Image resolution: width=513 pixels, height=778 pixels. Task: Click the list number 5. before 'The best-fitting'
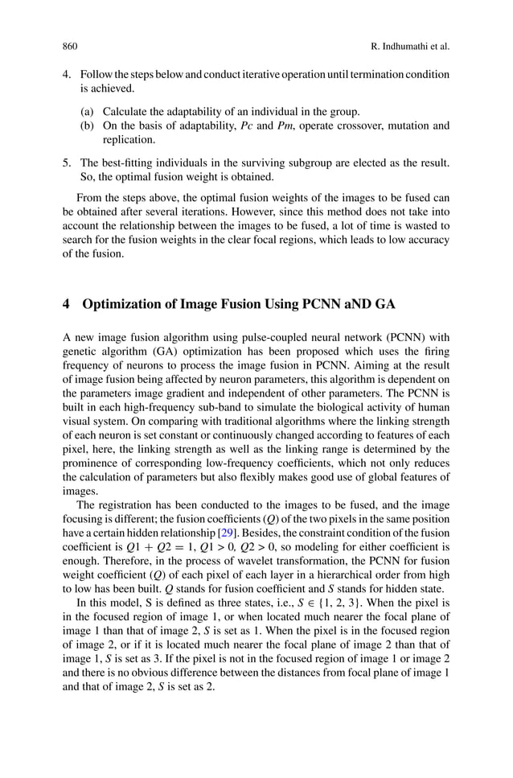68,163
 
